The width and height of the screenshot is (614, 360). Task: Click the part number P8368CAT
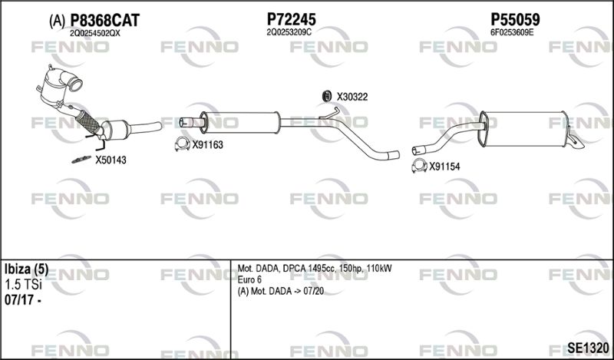[104, 21]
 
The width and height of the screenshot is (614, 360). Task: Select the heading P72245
[291, 19]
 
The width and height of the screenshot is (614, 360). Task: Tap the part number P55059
[515, 19]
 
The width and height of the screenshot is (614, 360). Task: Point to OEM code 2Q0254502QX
[94, 34]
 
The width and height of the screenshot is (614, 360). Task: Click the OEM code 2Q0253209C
[289, 32]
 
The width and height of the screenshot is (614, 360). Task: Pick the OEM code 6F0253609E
[512, 32]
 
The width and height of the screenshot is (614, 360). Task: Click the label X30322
[352, 97]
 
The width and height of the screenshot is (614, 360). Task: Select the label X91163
[207, 145]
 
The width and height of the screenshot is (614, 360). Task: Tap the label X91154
[444, 167]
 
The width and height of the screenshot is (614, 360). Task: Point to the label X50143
[111, 160]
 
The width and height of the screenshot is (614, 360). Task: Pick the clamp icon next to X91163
[182, 144]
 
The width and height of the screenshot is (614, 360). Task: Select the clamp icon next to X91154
[419, 166]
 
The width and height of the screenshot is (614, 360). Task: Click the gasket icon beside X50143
[81, 160]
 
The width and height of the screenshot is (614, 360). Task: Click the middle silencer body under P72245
[239, 123]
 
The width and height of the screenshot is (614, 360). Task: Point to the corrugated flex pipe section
[87, 121]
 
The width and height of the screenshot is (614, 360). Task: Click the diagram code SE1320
[588, 348]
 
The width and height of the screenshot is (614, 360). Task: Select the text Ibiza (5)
[26, 269]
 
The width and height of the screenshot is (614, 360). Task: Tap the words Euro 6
[249, 279]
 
